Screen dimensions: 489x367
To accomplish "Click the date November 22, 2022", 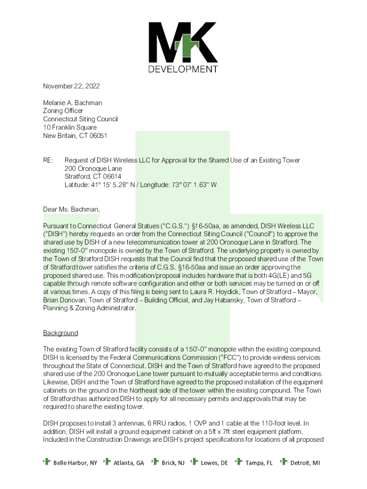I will (71, 86).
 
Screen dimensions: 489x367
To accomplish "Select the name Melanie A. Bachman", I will (72, 103).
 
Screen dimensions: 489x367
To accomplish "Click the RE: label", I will (48, 160).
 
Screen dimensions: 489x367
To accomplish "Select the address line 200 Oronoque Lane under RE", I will (93, 169).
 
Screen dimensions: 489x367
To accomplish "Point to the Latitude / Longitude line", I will (141, 185).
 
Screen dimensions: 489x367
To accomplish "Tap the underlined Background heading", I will (61, 333).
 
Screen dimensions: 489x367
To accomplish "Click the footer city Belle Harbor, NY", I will (75, 463).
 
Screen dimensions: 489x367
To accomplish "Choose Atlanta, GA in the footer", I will (129, 463).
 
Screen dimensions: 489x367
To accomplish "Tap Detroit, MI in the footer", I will (305, 463).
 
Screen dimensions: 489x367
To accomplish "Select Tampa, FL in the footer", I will (259, 463).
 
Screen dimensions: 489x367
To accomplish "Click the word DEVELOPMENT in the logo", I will (183, 69).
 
